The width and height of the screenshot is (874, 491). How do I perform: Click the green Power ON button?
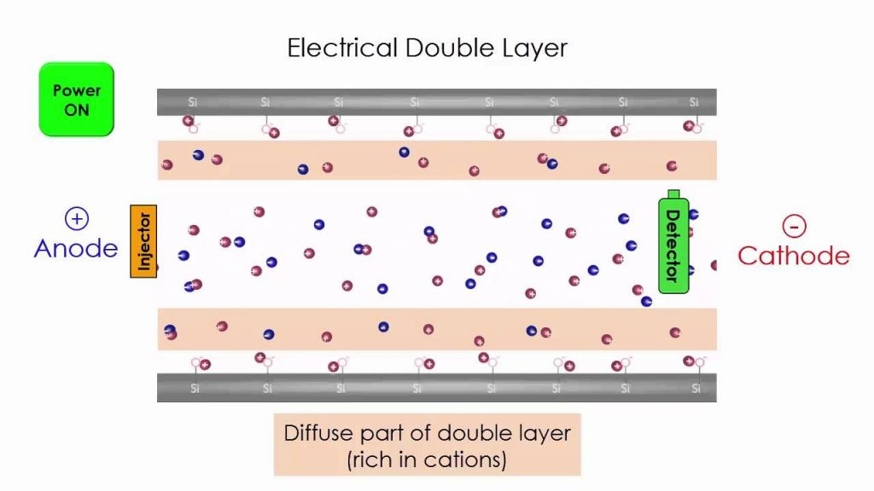coord(76,99)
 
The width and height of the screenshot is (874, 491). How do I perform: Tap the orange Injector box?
coord(144,241)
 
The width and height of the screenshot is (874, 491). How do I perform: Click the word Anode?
coord(76,248)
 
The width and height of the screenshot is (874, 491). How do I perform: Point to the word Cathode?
coord(794,255)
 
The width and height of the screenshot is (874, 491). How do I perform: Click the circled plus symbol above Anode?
coord(76,219)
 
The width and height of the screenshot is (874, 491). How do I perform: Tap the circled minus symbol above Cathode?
coord(794,226)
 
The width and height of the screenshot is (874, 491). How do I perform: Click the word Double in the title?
coord(452,47)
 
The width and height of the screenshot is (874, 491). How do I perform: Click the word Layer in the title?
coord(536,47)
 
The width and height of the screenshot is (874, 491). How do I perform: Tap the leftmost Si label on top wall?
coord(193,102)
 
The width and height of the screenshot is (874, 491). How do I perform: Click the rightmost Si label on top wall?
coord(695,102)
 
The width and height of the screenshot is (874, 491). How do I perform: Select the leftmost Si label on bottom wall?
coord(195,389)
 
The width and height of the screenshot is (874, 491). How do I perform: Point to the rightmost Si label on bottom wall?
coord(696,389)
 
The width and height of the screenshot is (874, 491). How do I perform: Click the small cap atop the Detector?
coord(673,194)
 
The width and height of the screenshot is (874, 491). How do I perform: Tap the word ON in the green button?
coord(76,110)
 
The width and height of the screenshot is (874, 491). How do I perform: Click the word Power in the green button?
coord(76,90)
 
